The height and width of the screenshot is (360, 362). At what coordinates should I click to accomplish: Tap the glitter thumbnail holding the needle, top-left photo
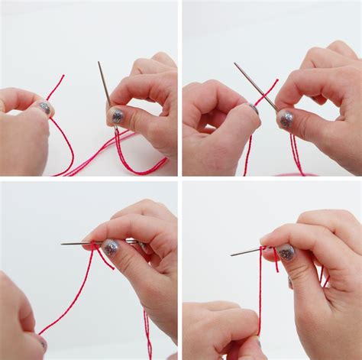tap(118, 116)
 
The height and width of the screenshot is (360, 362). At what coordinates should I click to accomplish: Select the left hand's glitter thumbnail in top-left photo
tap(44, 108)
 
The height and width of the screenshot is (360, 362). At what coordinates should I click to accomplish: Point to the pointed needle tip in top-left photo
tap(99, 63)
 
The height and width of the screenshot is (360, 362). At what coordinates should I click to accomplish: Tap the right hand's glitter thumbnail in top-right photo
tap(286, 119)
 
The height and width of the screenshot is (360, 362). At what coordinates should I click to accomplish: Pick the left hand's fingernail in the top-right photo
tap(253, 109)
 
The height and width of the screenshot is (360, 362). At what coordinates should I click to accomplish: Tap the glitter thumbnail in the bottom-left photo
tap(112, 247)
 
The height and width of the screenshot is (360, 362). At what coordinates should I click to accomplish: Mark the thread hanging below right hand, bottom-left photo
tap(147, 329)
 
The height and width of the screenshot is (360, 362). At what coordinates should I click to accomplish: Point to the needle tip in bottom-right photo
tap(232, 254)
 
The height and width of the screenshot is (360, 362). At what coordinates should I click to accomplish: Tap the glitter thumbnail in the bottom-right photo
tap(286, 251)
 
